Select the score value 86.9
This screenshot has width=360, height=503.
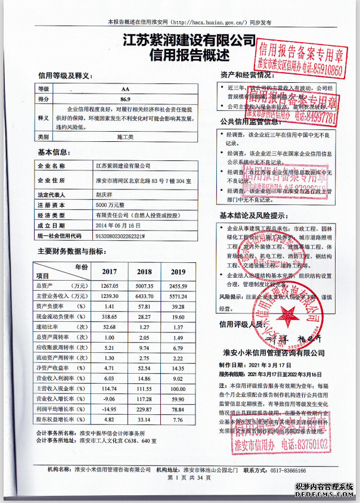125,98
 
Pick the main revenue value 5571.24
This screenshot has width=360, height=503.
178,296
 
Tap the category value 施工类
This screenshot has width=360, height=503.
125,136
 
